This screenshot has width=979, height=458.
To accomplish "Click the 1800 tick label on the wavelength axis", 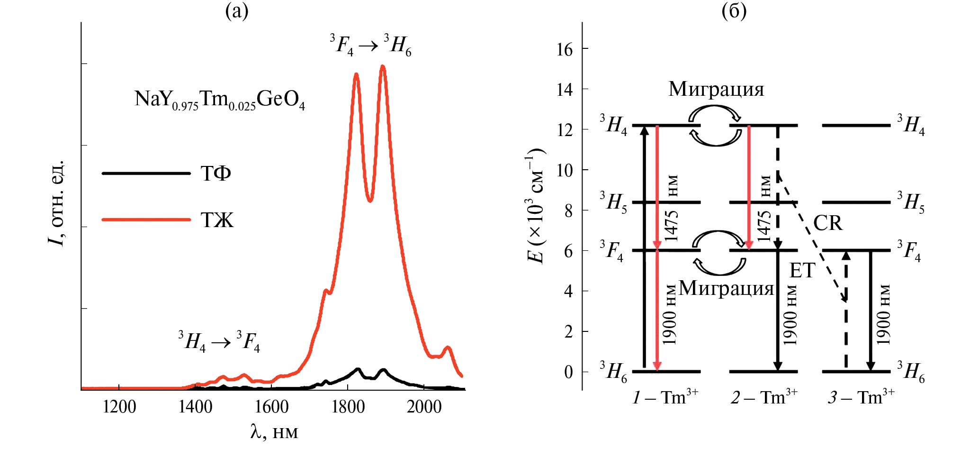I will (348, 407).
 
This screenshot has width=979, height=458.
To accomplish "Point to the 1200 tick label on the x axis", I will (119, 407).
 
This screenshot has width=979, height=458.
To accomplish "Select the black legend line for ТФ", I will (146, 174).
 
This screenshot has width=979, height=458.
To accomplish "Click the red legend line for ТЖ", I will (146, 220).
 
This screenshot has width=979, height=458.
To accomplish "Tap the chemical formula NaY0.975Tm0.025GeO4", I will (220, 100).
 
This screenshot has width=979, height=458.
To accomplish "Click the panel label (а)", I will (237, 10).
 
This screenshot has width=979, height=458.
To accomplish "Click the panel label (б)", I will (734, 10).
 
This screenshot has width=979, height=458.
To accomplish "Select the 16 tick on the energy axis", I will (565, 49).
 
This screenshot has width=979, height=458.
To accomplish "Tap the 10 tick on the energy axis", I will (565, 170).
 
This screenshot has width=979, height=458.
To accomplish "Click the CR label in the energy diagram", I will (827, 223).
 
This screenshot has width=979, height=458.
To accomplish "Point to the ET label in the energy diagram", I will (802, 271).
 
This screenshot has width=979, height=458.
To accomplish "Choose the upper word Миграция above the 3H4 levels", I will (716, 89).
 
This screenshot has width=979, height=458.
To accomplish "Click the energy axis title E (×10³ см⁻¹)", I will (535, 206).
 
